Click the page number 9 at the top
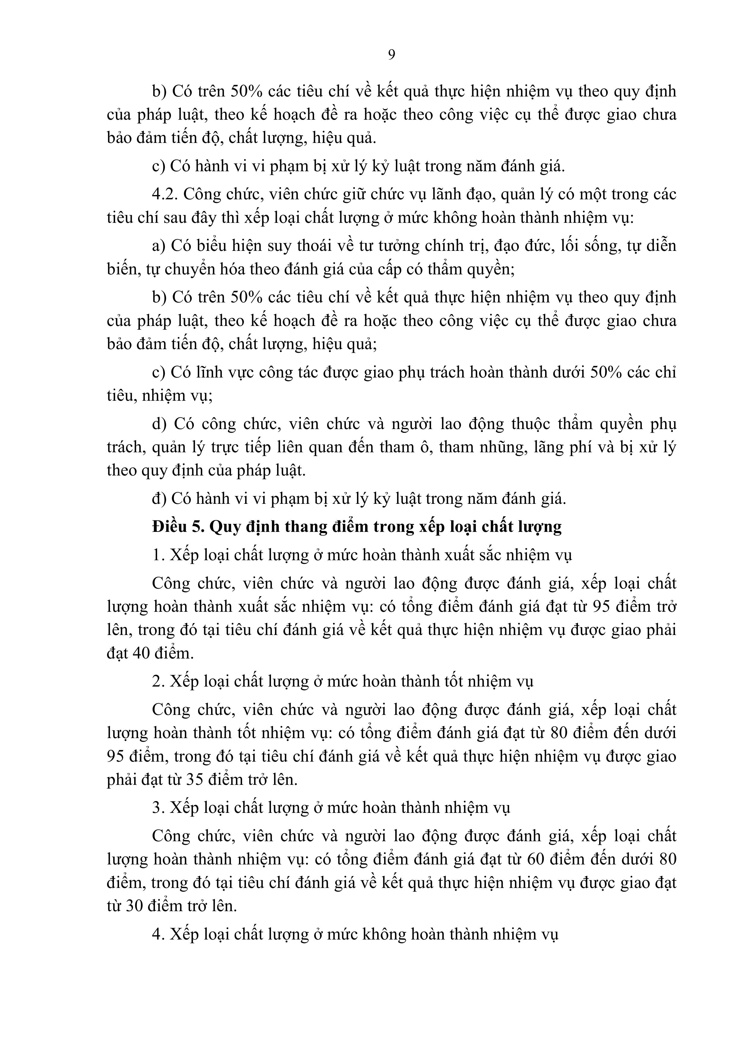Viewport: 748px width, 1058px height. point(391,55)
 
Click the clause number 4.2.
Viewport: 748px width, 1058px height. point(165,194)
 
